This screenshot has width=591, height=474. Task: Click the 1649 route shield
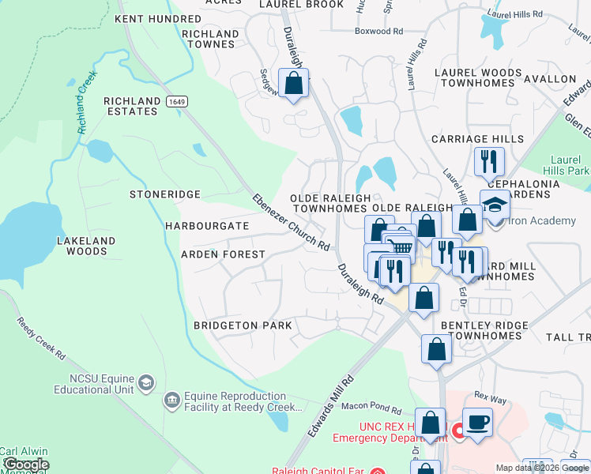tap(175, 101)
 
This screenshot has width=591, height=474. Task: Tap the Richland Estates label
tap(131, 106)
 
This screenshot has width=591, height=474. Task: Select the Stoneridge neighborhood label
tap(165, 194)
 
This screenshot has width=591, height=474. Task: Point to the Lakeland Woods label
tap(86, 246)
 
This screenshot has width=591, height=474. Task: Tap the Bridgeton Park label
tap(243, 325)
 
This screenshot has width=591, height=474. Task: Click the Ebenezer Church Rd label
tap(291, 222)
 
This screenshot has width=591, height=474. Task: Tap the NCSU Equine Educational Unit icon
tap(146, 383)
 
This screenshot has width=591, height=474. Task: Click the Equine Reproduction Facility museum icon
tap(171, 401)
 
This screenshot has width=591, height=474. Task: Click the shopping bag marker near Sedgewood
tap(294, 83)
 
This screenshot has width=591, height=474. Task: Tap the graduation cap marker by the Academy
tap(495, 205)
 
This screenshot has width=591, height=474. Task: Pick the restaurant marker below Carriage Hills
tap(489, 161)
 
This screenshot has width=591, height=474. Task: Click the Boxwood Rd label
tap(380, 32)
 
